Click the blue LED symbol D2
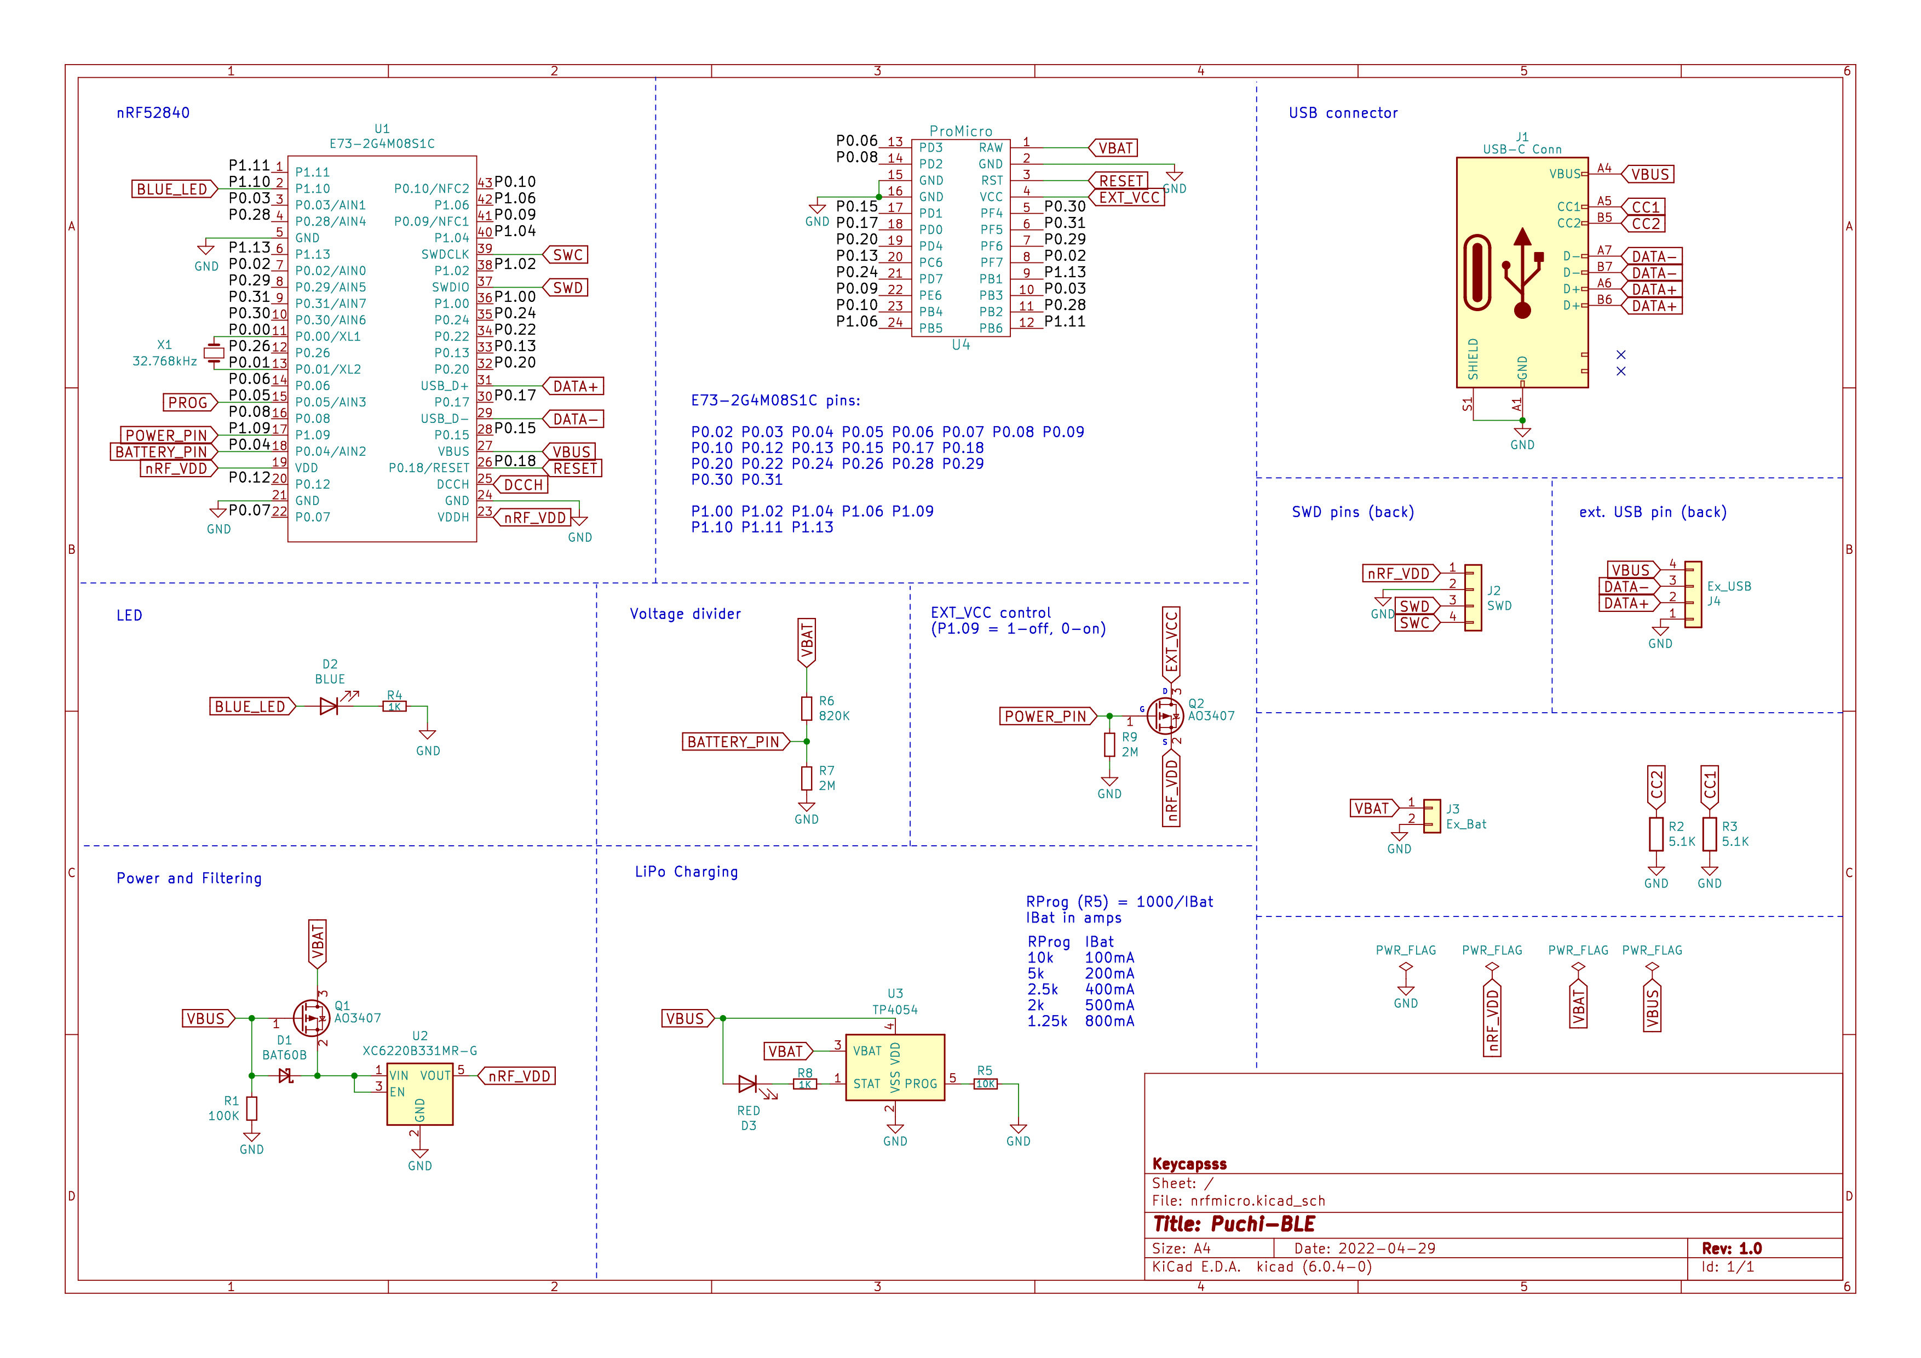tap(329, 707)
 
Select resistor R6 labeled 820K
tap(807, 709)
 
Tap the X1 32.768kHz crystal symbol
tap(214, 353)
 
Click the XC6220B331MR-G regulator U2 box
tap(419, 1095)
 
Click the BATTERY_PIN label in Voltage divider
tap(733, 742)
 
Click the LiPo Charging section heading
tap(686, 872)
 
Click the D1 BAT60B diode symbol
tap(285, 1076)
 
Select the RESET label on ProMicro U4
tap(1120, 181)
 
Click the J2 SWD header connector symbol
tap(1473, 598)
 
